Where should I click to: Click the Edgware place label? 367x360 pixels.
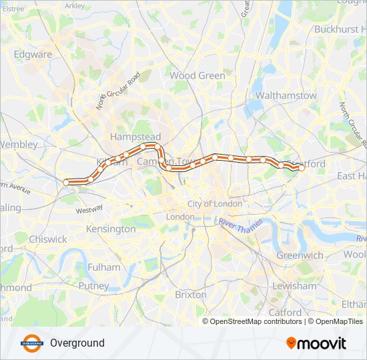click(33, 54)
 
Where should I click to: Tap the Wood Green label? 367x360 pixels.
click(198, 75)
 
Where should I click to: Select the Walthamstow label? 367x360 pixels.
click(286, 95)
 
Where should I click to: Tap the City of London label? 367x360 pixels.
click(215, 203)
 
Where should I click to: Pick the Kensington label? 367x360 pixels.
click(111, 229)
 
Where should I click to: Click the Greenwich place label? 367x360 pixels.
click(300, 255)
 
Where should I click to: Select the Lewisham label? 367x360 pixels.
click(295, 285)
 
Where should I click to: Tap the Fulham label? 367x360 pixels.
click(103, 267)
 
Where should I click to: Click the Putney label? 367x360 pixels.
click(93, 285)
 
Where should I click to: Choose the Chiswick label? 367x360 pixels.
click(48, 239)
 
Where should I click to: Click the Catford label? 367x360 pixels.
click(285, 312)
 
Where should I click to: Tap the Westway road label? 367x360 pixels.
click(89, 209)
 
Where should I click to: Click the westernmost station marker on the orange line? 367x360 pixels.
click(66, 182)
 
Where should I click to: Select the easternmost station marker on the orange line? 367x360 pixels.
click(301, 168)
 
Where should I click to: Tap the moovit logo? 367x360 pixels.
click(316, 343)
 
